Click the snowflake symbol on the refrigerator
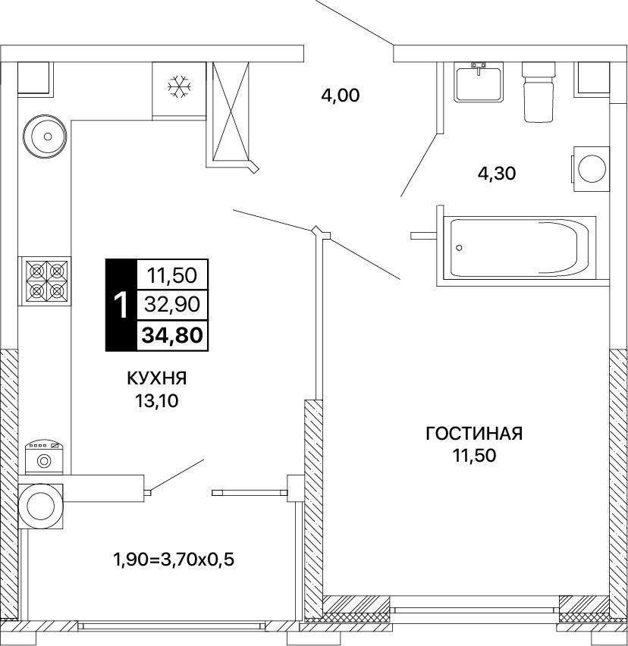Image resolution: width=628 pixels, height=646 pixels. (x=179, y=86)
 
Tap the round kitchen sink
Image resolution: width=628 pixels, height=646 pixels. (x=45, y=136)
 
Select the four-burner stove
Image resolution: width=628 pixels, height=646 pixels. (x=45, y=281)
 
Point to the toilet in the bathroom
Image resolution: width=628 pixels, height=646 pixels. (x=539, y=92)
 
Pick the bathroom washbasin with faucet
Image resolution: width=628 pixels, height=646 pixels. (x=479, y=82)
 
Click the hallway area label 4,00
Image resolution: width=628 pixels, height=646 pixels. (x=340, y=96)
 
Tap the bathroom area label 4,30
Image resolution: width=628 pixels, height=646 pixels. (x=497, y=174)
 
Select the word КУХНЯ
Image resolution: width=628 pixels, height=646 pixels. (x=156, y=378)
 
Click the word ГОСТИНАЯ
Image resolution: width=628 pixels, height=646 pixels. (x=474, y=434)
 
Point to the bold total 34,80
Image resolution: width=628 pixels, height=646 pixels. (x=172, y=335)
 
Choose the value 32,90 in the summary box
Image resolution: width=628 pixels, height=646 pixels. (x=172, y=304)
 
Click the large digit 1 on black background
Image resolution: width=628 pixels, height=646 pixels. (x=121, y=305)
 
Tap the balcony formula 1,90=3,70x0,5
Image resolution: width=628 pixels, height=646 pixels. (x=174, y=560)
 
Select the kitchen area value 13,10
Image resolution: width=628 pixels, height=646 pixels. (x=157, y=400)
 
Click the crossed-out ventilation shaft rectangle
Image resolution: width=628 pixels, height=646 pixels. (x=231, y=111)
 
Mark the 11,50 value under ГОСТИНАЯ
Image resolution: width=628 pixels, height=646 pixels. (x=474, y=456)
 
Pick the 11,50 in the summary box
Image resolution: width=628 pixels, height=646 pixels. (x=172, y=275)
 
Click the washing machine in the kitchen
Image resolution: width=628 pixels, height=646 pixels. (x=44, y=457)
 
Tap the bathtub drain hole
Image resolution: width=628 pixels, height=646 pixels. (x=460, y=248)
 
